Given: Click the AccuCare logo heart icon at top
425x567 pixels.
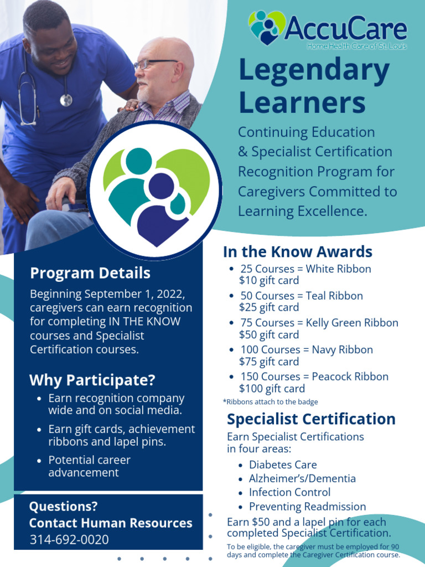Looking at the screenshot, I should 267,27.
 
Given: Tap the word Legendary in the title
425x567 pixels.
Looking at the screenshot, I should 314,71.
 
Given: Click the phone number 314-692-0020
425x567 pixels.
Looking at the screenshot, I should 69,540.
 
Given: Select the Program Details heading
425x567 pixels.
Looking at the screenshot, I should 90,273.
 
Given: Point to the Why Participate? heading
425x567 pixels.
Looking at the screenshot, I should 92,380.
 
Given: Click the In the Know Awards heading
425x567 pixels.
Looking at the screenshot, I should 297,252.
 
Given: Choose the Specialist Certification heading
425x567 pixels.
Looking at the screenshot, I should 311,419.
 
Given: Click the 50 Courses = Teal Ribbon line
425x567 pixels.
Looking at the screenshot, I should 301,296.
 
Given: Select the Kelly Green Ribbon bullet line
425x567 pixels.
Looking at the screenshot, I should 319,323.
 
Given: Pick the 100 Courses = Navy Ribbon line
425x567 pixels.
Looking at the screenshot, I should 306,349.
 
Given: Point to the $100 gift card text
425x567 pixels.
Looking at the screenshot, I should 272,389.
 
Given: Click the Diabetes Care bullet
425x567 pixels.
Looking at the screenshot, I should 282,465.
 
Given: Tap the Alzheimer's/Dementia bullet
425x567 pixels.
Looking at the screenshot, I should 302,478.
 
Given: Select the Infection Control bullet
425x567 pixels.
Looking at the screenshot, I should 289,492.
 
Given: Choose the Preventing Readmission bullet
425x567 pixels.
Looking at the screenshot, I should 307,506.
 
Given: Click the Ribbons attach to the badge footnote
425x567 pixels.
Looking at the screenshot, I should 270,402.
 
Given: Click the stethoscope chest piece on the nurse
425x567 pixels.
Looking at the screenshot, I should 66,100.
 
